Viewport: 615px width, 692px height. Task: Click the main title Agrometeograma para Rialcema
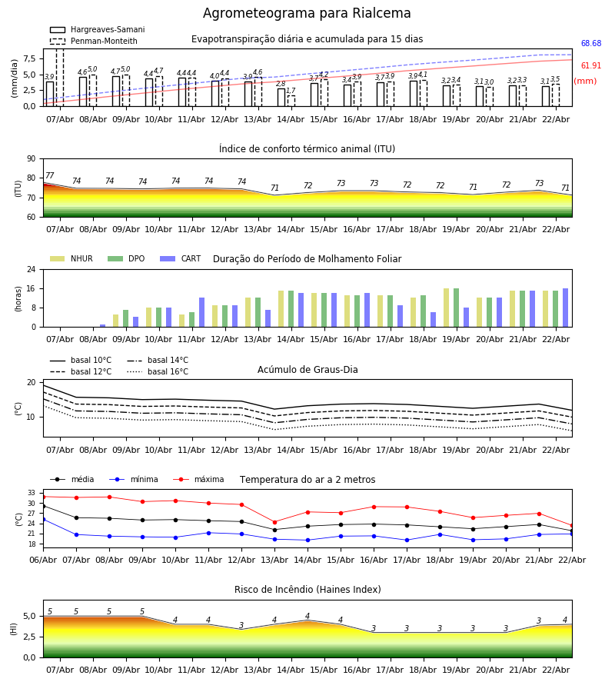[307, 14]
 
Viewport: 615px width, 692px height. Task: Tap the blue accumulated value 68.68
[590, 45]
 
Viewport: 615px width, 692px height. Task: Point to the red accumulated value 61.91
[590, 67]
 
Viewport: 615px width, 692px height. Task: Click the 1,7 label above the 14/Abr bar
[291, 91]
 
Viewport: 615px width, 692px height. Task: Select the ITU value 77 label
[50, 176]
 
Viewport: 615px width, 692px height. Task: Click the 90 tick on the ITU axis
[31, 159]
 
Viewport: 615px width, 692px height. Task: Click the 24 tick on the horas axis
[31, 270]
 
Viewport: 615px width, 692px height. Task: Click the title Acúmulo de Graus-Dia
[307, 371]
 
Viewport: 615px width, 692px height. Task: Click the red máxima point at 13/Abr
[274, 522]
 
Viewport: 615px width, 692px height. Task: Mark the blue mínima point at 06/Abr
[43, 519]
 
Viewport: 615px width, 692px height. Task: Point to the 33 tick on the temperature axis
[32, 493]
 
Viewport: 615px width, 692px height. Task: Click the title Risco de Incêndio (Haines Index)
[307, 591]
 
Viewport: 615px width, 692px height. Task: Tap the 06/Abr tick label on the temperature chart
[43, 559]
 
